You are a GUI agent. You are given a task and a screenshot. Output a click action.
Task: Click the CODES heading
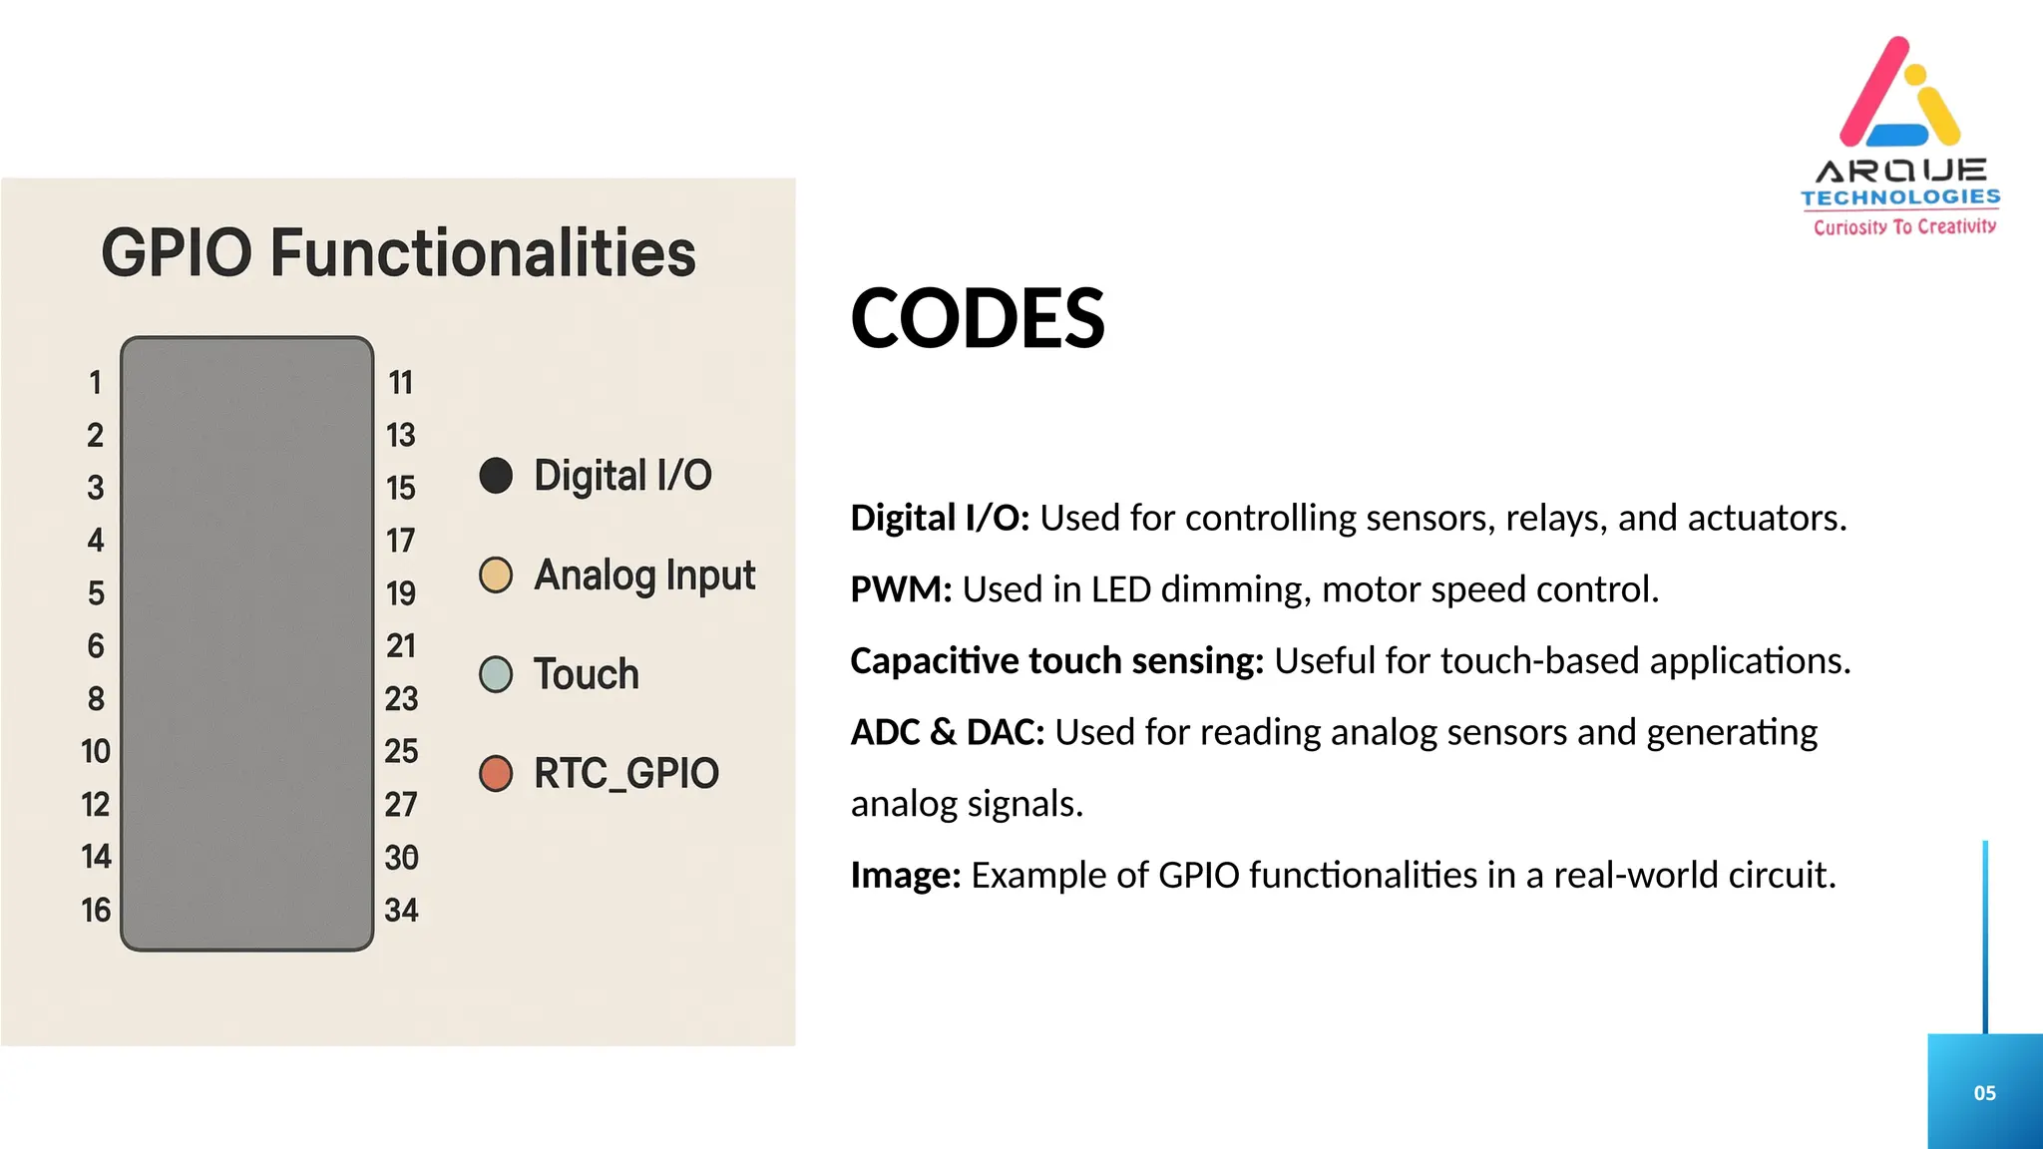click(x=977, y=319)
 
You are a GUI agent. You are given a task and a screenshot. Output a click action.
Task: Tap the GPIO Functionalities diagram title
click(x=398, y=252)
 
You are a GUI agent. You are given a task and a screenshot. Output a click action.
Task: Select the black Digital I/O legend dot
click(x=496, y=476)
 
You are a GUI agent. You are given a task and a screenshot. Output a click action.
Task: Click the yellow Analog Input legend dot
click(x=496, y=575)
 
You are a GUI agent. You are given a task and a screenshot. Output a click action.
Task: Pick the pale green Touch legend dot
click(x=496, y=674)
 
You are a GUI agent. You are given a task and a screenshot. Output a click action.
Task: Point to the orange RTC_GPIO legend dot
click(x=496, y=773)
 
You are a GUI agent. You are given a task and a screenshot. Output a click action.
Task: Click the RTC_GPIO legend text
click(x=625, y=774)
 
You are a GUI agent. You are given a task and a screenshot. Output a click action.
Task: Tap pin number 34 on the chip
click(x=401, y=910)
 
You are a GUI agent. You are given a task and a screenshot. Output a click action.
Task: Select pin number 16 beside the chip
click(x=96, y=910)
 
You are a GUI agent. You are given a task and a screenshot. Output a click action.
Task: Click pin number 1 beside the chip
click(x=95, y=383)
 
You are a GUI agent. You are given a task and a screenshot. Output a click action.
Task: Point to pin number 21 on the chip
click(x=401, y=646)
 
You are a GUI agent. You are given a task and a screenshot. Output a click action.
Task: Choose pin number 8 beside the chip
click(x=96, y=699)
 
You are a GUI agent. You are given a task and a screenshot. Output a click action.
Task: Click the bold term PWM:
click(x=901, y=589)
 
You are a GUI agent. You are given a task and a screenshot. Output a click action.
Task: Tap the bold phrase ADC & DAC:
click(x=947, y=732)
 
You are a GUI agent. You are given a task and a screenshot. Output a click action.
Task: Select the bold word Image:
click(x=905, y=875)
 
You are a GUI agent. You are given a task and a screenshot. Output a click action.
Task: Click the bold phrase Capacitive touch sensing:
click(x=1056, y=660)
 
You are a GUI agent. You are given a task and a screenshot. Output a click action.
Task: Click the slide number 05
click(x=1984, y=1093)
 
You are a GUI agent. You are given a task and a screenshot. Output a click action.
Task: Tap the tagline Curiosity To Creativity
click(x=1904, y=227)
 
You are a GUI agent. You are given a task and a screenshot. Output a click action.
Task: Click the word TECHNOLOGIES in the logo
click(x=1900, y=197)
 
